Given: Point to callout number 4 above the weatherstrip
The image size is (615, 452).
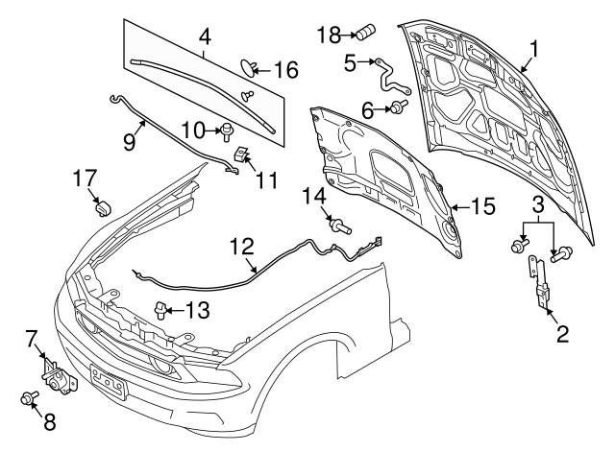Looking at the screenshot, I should point(204,38).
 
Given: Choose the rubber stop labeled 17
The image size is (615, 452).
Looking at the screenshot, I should point(103,205).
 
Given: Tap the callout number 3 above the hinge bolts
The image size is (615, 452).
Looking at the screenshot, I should point(539,206).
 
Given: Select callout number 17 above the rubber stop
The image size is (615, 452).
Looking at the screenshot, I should point(85,178).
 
